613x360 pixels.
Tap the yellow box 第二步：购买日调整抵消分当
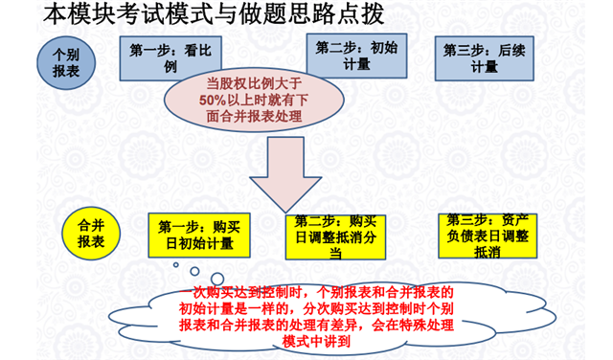tap(336, 236)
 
